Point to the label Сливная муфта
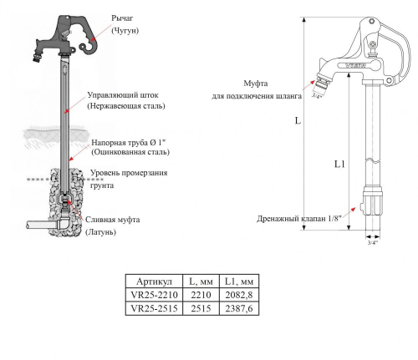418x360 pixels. [114, 219]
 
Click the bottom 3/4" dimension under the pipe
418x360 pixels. [372, 243]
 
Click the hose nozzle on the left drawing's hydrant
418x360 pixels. [40, 58]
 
